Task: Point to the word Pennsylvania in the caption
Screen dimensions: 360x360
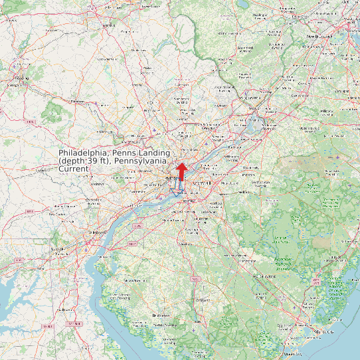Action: pyautogui.click(x=141, y=161)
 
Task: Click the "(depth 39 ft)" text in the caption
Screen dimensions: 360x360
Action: pyautogui.click(x=83, y=161)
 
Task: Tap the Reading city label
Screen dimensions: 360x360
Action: pyautogui.click(x=22, y=78)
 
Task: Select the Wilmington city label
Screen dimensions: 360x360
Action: pyautogui.click(x=99, y=233)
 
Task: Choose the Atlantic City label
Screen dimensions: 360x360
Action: pyautogui.click(x=325, y=331)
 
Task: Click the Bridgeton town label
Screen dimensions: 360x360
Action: pyautogui.click(x=161, y=315)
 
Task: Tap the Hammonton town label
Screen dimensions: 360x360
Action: pyautogui.click(x=247, y=261)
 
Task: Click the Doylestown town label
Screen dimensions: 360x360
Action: pyautogui.click(x=181, y=100)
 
